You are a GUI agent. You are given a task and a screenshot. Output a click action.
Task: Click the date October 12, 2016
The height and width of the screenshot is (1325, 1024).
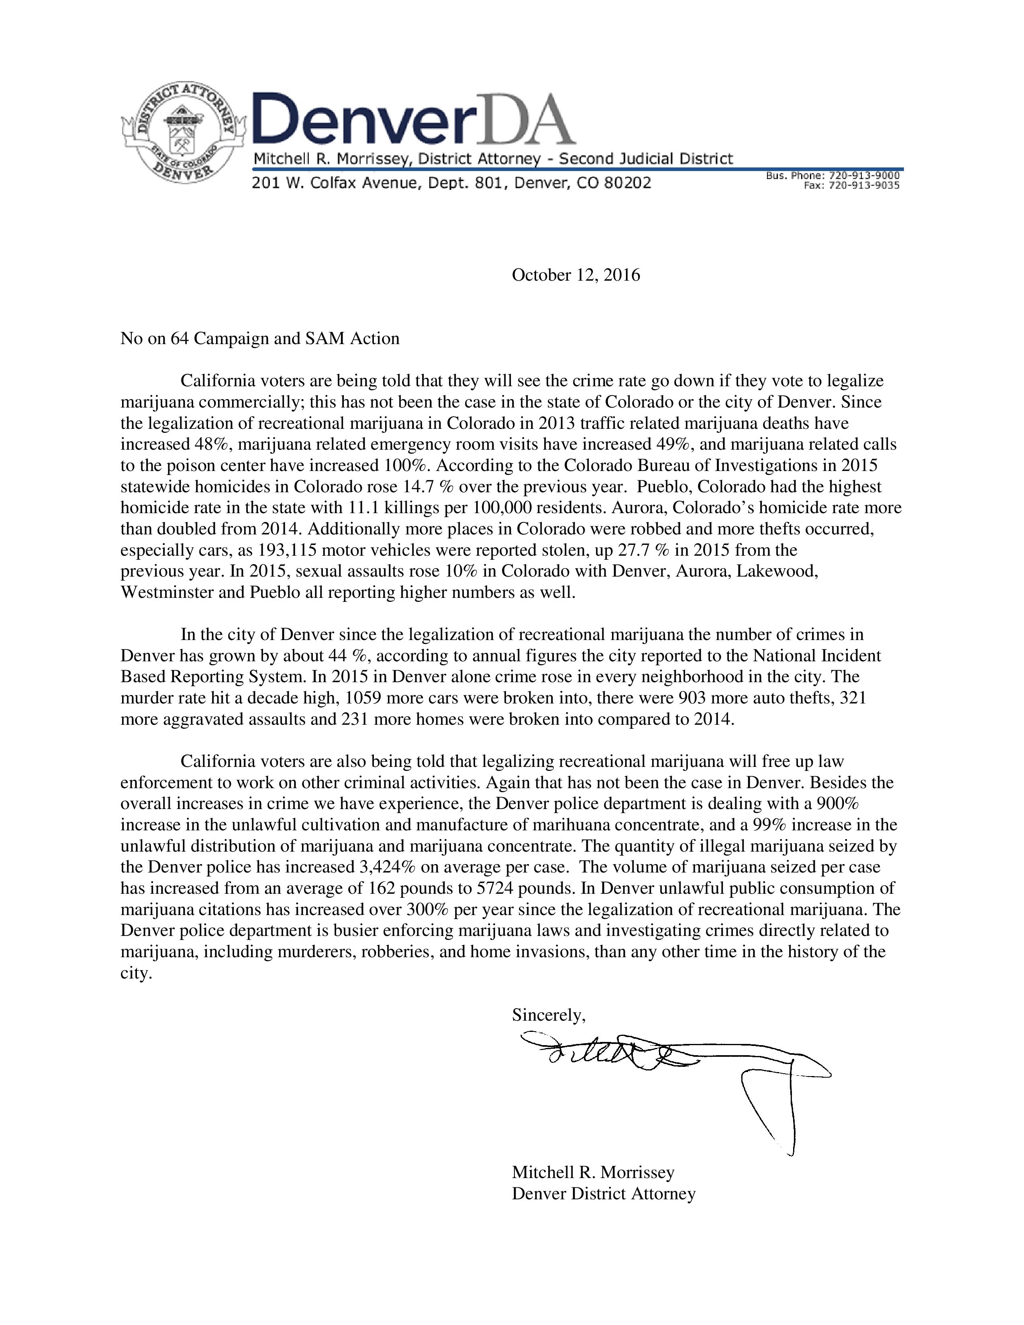click(x=576, y=275)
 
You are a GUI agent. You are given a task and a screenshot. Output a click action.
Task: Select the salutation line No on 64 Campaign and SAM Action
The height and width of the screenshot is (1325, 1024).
click(x=260, y=338)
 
